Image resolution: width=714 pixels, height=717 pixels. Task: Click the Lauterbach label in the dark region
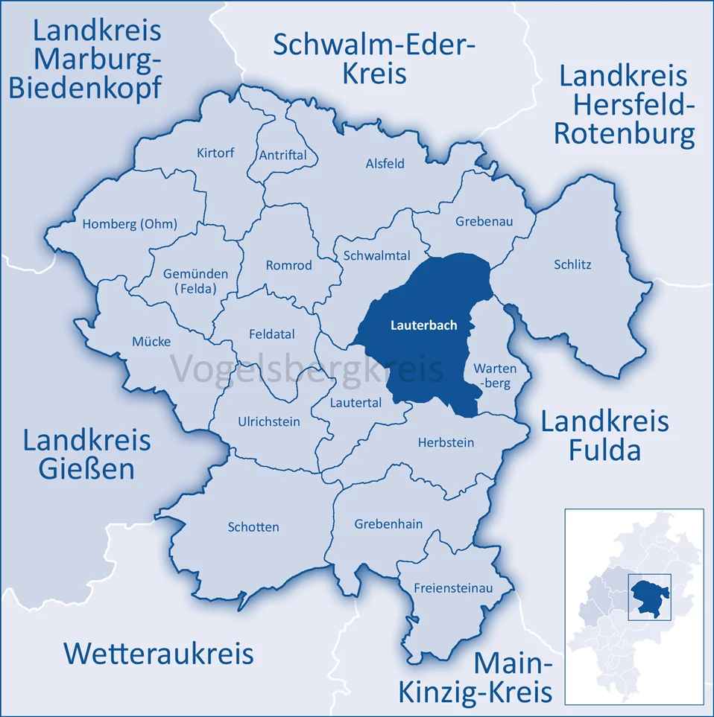[423, 325]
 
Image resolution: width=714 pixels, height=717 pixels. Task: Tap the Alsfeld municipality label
[385, 164]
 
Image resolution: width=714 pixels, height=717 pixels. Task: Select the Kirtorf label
[215, 153]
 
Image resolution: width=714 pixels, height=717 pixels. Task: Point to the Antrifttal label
[282, 155]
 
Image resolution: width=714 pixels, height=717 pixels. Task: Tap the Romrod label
[289, 265]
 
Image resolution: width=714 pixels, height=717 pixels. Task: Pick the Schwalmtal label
[376, 255]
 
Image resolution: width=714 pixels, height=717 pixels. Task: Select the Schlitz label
[572, 264]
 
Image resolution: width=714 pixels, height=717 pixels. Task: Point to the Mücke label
[151, 342]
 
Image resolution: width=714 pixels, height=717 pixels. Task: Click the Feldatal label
[271, 335]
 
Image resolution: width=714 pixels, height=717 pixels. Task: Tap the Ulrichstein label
[269, 421]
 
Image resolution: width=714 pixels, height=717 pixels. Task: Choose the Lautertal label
[356, 402]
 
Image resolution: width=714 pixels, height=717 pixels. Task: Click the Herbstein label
[446, 442]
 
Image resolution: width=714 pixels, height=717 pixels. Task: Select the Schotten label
[253, 527]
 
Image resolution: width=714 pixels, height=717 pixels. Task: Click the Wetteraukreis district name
[159, 654]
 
